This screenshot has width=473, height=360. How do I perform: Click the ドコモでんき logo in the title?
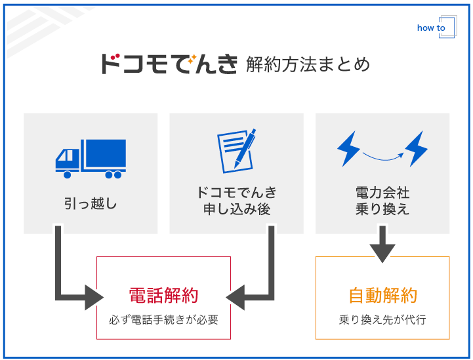(169, 64)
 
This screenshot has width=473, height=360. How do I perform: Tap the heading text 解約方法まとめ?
(308, 64)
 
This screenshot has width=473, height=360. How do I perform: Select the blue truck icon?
(91, 158)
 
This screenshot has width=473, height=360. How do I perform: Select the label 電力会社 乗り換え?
(382, 201)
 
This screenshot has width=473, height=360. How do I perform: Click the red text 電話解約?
(163, 296)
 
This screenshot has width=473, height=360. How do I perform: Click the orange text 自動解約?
(382, 296)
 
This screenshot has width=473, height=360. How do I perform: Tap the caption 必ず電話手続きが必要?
(163, 320)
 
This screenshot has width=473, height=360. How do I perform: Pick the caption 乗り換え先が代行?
(382, 320)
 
